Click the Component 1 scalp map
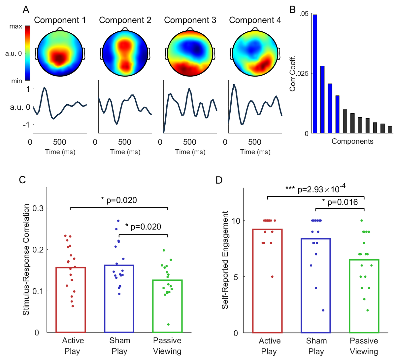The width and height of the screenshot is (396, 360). click(x=60, y=54)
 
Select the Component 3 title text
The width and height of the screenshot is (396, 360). click(x=190, y=20)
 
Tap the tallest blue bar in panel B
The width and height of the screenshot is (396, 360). click(x=315, y=74)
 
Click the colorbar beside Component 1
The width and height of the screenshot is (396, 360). click(x=28, y=53)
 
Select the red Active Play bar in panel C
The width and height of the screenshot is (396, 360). click(x=71, y=300)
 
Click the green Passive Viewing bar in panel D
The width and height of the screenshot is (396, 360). click(x=364, y=296)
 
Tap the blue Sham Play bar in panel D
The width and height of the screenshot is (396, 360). click(x=316, y=285)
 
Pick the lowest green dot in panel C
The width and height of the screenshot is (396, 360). click(x=168, y=324)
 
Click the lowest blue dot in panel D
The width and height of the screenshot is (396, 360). click(x=323, y=310)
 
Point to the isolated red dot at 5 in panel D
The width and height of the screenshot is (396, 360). click(x=272, y=276)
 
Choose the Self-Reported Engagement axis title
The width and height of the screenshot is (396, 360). click(x=225, y=260)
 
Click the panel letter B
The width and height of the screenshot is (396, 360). click(x=292, y=10)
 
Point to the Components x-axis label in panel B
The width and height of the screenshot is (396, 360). click(x=352, y=141)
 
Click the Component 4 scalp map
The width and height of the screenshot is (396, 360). click(x=255, y=54)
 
